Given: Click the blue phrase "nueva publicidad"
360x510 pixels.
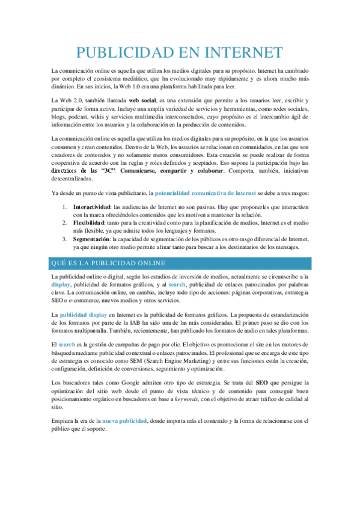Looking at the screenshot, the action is pyautogui.click(x=125, y=420).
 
